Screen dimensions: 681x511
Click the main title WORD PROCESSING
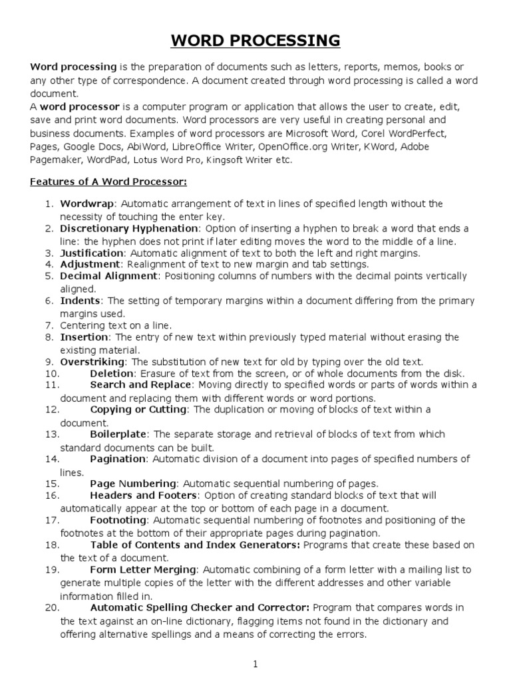pyautogui.click(x=255, y=41)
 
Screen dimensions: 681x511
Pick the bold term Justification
pyautogui.click(x=92, y=253)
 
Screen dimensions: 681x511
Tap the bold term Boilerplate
pyautogui.click(x=118, y=434)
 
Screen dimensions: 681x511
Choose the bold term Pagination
pyautogui.click(x=117, y=459)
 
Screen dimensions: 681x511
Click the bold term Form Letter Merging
pyautogui.click(x=143, y=569)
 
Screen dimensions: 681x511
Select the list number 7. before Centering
pyautogui.click(x=50, y=325)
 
